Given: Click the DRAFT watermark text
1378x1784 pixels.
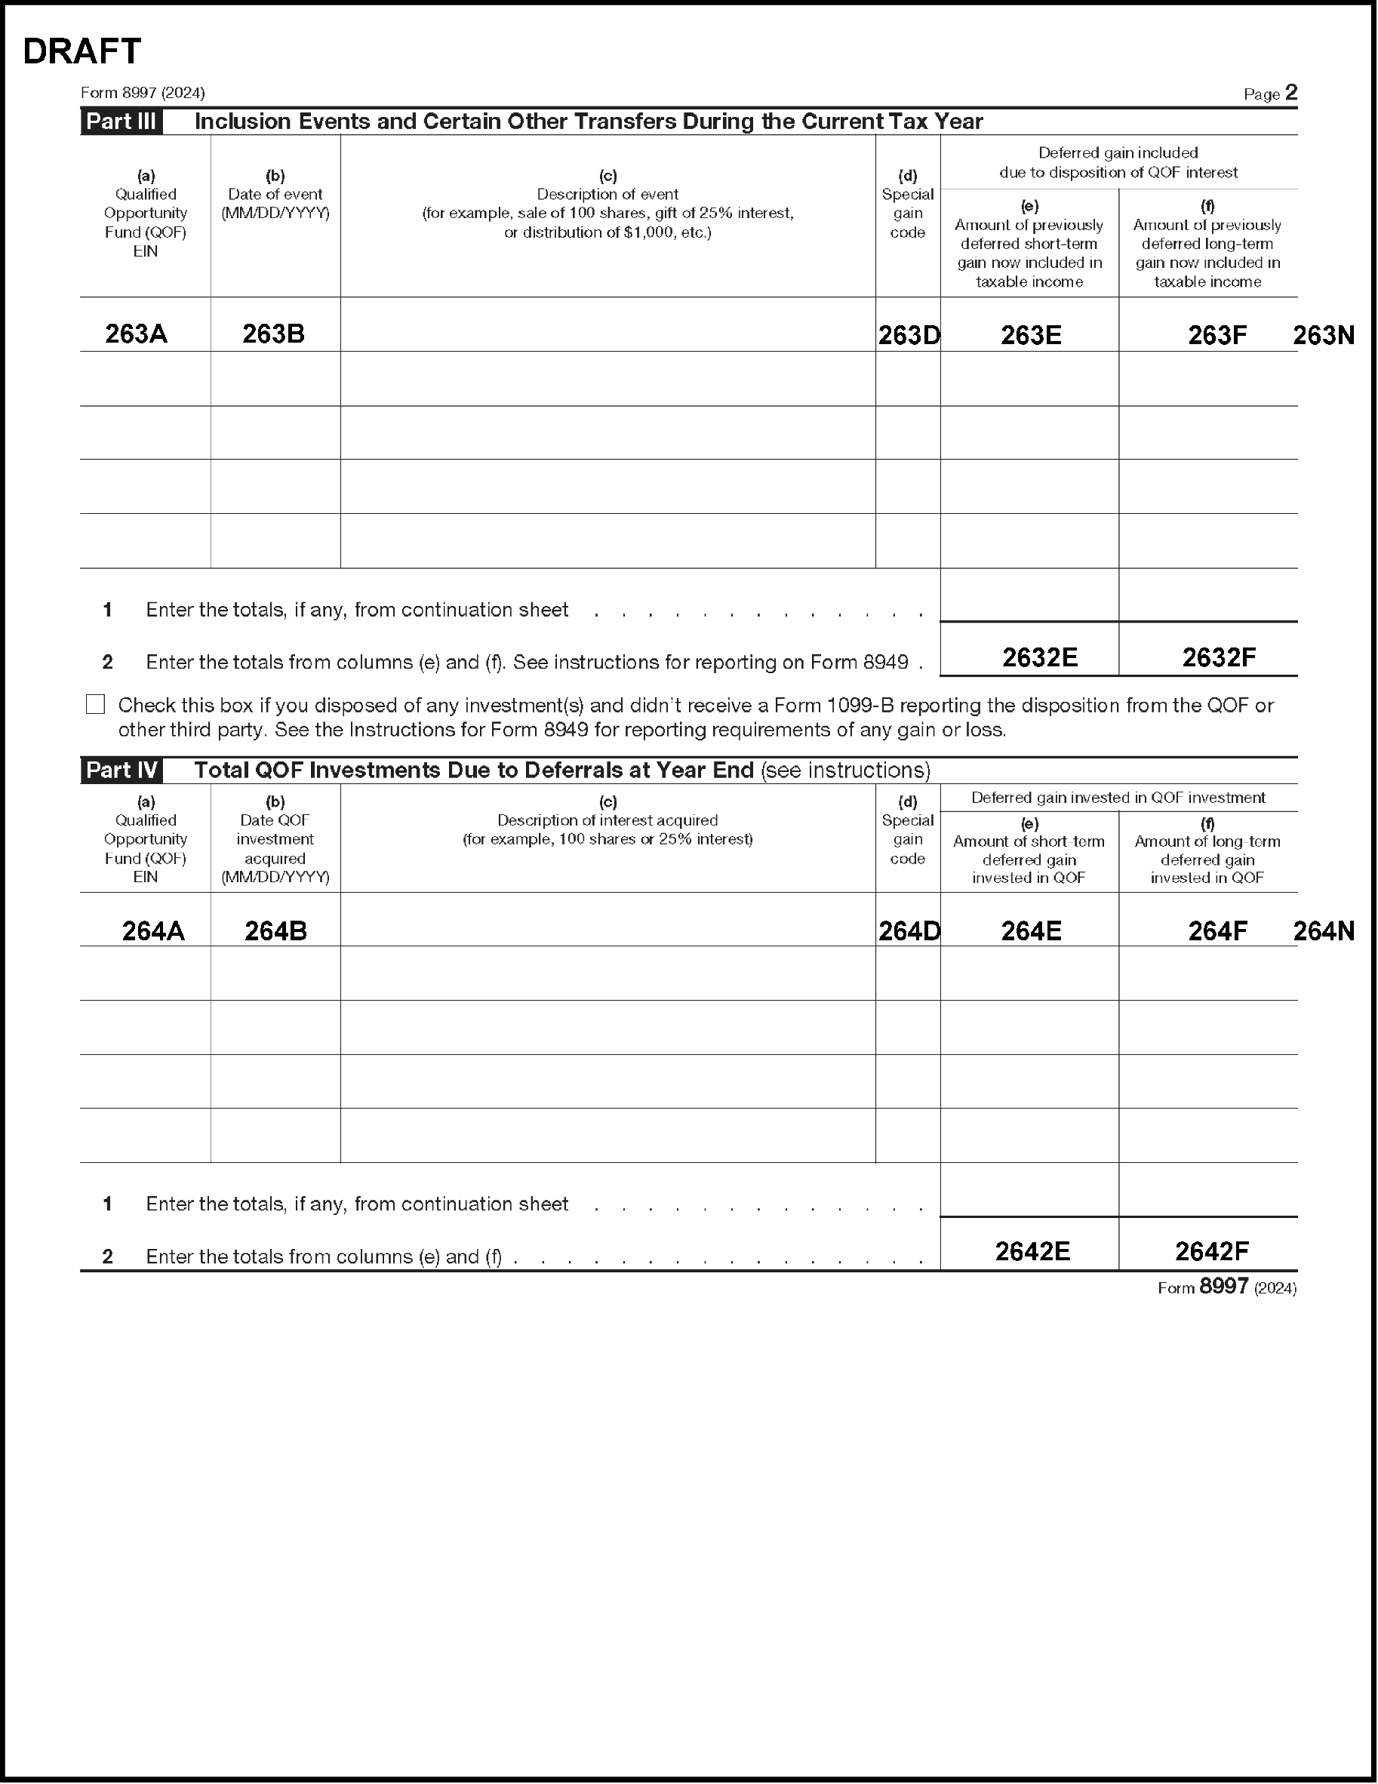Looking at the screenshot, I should (x=82, y=51).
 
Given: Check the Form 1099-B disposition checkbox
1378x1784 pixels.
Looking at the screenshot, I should (x=96, y=704).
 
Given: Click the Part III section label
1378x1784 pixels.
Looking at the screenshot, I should (x=121, y=121).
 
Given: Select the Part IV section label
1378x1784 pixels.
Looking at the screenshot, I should (x=121, y=771).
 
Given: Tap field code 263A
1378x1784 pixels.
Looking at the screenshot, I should (x=137, y=334).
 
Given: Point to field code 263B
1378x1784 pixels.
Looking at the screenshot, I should (x=274, y=334).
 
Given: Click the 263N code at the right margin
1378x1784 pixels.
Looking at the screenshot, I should (x=1323, y=335).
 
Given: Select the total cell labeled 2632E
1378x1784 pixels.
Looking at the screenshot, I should (x=1040, y=657).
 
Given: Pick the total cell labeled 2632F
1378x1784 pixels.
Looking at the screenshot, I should (x=1219, y=657).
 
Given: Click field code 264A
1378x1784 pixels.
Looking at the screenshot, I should (x=153, y=931).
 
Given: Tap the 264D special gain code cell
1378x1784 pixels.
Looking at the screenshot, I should (x=909, y=931).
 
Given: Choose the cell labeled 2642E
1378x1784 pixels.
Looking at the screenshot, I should (x=1032, y=1251).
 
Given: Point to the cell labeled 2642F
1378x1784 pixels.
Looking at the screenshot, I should (x=1211, y=1251).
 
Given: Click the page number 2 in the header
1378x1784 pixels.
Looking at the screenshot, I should (x=1290, y=93).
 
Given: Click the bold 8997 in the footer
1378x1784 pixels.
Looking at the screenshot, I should (x=1223, y=1287).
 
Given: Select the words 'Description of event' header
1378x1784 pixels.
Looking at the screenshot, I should (x=607, y=195).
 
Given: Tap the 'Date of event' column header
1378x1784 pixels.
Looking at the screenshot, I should (x=275, y=195).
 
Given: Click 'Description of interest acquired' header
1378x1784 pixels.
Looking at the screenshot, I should (x=607, y=820).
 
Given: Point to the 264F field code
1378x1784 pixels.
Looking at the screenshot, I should (x=1217, y=931).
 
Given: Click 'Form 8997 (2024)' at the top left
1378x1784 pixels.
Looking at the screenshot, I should (x=143, y=93).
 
